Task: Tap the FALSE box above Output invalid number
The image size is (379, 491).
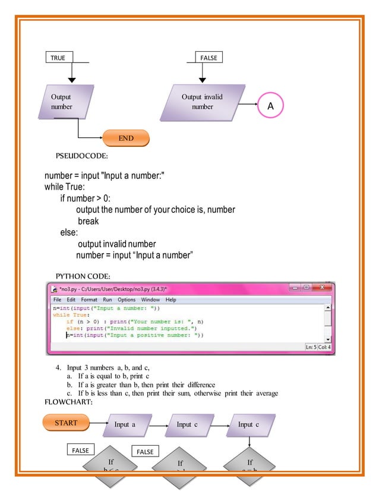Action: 209,57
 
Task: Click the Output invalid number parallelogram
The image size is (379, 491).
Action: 202,102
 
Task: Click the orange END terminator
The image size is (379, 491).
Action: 125,138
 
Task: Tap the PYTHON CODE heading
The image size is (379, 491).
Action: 83,276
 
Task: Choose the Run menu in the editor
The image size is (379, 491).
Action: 108,300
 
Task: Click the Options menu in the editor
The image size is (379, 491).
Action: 127,300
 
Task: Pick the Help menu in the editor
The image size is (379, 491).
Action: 170,300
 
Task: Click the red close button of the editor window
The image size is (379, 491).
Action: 321,288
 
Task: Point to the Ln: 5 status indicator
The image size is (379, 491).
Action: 314,347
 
